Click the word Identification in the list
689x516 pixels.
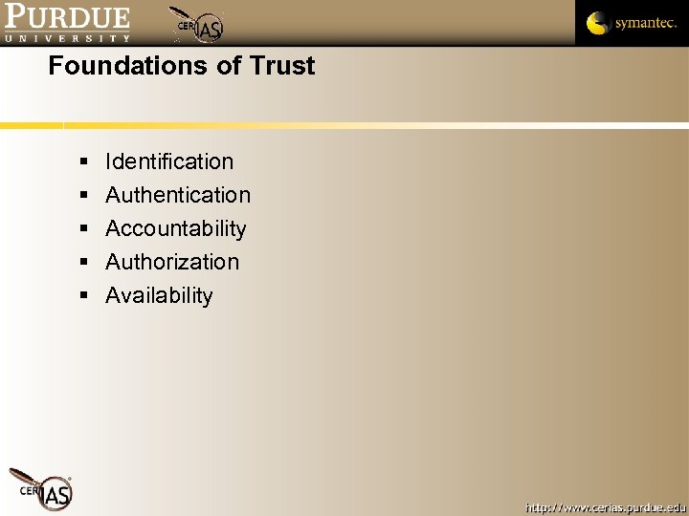click(x=169, y=161)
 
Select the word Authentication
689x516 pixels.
click(x=178, y=195)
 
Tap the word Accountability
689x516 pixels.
click(x=176, y=228)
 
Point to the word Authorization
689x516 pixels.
click(x=172, y=262)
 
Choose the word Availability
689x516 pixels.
click(x=159, y=295)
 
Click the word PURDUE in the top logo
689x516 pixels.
click(x=67, y=16)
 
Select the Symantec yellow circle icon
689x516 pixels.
click(x=598, y=22)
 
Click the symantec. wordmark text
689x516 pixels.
click(x=646, y=23)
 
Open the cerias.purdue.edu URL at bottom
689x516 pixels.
click(x=605, y=506)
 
